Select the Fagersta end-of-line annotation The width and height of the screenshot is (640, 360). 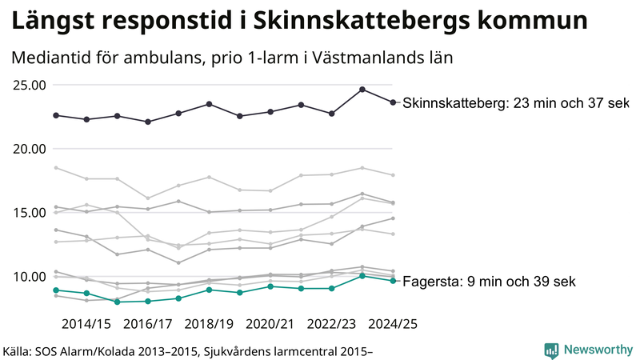[489, 282]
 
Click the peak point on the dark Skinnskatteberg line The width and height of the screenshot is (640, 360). [362, 90]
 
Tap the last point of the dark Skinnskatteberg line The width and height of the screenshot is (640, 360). [393, 102]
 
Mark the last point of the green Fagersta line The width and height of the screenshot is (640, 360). [393, 281]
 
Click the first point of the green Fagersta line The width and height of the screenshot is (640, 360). [56, 290]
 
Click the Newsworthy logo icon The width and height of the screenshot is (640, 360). [551, 350]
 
